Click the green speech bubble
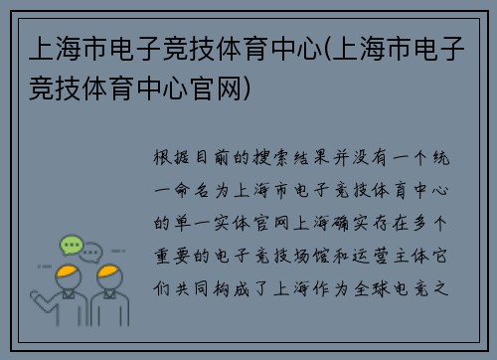[72, 244]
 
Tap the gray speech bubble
[92, 251]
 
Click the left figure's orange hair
[68, 271]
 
